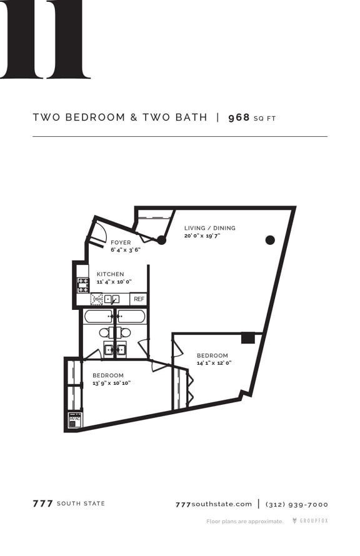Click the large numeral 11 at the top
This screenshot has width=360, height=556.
pos(46,39)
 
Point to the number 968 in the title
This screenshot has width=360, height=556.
pos(239,117)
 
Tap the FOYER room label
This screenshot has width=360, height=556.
pos(121,242)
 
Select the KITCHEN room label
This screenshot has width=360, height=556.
pos(110,274)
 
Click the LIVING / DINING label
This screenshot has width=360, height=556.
pos(210,228)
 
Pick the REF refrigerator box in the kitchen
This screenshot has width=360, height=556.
pos(139,299)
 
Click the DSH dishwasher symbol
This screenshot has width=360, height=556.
pos(96,299)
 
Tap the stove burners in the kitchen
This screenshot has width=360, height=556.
pos(83,285)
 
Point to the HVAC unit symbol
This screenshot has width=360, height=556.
pos(74,420)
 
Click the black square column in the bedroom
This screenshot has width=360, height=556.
pos(248,337)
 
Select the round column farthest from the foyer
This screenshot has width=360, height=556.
pos(270,239)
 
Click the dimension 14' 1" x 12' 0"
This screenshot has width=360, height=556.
pos(214,363)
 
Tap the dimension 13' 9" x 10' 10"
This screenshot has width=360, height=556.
pos(111,383)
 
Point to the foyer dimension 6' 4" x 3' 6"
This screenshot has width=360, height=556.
pos(126,249)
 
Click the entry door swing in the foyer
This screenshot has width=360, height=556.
pos(97,233)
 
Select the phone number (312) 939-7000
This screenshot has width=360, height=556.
pos(297,504)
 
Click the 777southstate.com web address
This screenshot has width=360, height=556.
pos(214,504)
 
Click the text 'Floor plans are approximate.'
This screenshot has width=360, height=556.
pos(245,521)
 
